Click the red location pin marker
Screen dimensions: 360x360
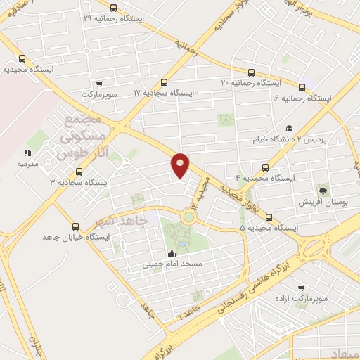[x=181, y=165]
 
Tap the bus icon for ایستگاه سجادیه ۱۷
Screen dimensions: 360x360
[x=165, y=82]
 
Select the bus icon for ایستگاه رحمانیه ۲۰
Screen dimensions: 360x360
[x=252, y=72]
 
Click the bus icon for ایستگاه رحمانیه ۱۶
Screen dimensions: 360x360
[x=302, y=88]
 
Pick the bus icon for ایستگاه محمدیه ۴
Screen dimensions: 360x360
[x=265, y=167]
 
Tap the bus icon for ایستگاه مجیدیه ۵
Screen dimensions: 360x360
[x=269, y=217]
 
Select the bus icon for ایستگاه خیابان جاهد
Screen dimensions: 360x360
[x=75, y=226]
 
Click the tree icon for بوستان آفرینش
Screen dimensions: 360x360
[x=323, y=190]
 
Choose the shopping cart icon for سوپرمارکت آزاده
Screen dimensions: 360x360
[x=302, y=288]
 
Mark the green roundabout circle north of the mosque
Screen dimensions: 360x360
[x=188, y=217]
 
